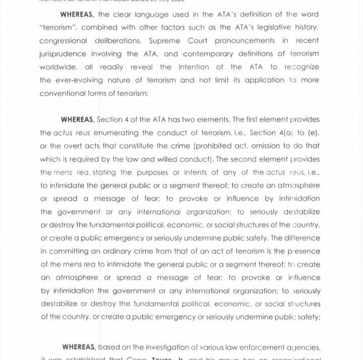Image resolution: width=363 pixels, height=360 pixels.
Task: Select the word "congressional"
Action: pyautogui.click(x=65, y=41)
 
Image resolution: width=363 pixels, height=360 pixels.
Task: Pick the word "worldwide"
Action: pyautogui.click(x=59, y=67)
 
